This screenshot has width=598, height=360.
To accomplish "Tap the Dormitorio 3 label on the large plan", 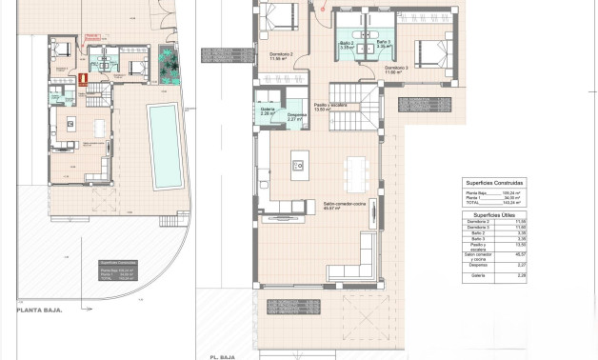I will tap(397, 68).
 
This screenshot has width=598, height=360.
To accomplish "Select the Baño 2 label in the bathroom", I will tap(346, 43).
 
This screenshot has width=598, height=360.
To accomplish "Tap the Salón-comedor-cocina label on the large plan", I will tap(339, 204).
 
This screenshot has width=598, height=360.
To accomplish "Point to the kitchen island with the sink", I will tap(299, 164).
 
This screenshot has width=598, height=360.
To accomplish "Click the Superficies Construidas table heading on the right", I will tap(494, 181).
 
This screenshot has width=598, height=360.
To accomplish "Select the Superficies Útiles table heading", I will tap(494, 215).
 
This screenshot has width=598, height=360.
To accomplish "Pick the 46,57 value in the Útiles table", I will tap(520, 254).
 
